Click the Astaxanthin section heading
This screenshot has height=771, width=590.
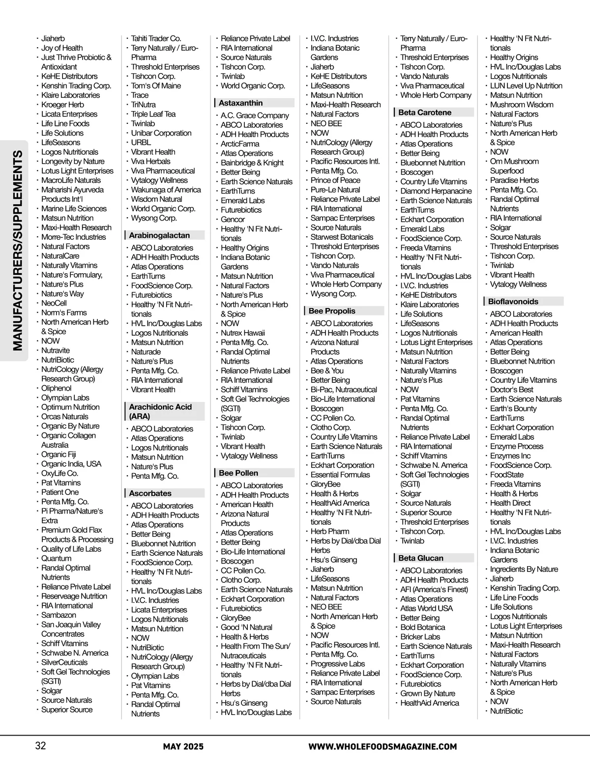(240, 103)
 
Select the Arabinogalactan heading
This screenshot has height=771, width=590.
(159, 235)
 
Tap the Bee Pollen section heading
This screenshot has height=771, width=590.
(238, 473)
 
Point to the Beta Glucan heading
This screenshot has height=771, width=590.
(421, 558)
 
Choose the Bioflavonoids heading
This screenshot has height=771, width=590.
(513, 302)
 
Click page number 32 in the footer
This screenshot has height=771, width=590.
(40, 746)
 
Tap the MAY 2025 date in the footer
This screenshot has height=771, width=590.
(183, 747)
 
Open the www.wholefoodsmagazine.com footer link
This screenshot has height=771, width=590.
(383, 747)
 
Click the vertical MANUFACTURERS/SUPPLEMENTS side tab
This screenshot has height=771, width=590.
(18, 251)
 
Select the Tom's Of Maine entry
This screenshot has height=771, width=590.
(156, 86)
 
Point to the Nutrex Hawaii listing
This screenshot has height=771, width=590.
(243, 333)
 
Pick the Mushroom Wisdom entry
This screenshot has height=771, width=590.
(521, 105)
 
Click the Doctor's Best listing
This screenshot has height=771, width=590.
(511, 390)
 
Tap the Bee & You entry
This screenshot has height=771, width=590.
(327, 371)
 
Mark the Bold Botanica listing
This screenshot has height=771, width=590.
(422, 627)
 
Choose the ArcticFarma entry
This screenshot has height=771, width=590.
(240, 143)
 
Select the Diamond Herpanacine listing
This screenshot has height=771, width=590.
(436, 191)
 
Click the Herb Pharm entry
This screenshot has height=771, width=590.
(330, 531)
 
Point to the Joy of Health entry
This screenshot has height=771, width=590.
(62, 48)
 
